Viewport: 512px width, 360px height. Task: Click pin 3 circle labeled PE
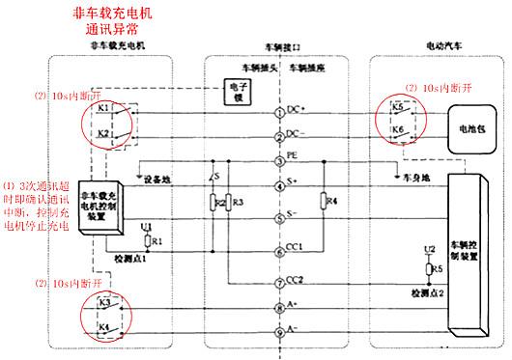point(280,159)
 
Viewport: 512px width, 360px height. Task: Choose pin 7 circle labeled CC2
point(280,281)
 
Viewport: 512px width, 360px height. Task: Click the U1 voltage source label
point(145,227)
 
